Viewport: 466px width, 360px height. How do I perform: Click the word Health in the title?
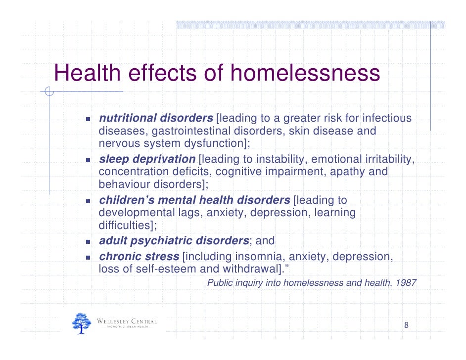(87, 74)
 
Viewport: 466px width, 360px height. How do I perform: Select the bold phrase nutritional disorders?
(156, 119)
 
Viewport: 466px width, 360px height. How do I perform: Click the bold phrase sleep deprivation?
(147, 159)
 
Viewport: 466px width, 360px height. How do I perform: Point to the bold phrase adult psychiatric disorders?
(174, 241)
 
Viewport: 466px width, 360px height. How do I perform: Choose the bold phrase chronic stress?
(139, 257)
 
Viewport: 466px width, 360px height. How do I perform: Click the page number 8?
(406, 325)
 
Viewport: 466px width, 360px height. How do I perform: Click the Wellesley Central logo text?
(127, 322)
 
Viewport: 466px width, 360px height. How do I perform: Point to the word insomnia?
(259, 257)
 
